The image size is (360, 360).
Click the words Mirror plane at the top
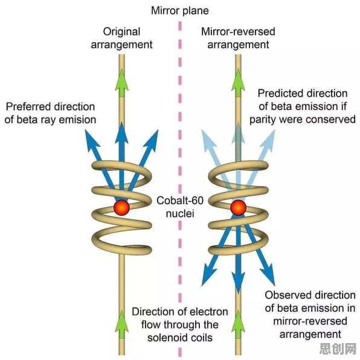pos(180,11)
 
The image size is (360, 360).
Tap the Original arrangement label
pos(121,38)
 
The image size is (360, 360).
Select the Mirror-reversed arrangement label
pos(238,38)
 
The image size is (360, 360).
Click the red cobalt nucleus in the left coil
pos(121,208)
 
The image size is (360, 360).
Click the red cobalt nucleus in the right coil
pos(239,208)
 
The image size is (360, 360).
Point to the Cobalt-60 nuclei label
pos(180,207)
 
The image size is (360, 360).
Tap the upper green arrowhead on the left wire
pos(121,83)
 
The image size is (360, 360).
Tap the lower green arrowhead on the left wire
pos(121,324)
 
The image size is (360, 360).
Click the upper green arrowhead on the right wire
pos(239,83)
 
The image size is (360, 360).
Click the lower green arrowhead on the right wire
pos(239,324)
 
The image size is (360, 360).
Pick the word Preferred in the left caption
pos(27,107)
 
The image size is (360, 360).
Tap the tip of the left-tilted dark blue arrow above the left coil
pos(85,130)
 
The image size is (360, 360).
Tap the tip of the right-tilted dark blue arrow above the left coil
pos(158,130)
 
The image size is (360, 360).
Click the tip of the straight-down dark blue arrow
pos(239,291)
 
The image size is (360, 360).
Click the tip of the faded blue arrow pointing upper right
pos(275,130)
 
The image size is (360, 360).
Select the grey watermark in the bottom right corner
pos(338,349)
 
